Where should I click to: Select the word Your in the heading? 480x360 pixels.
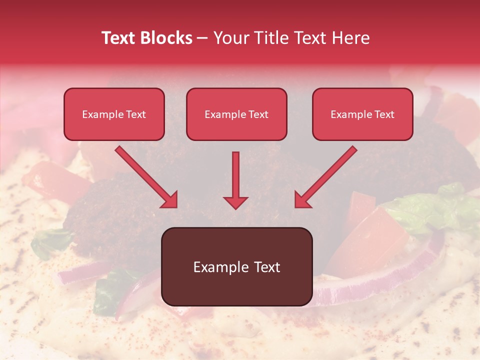tap(232, 38)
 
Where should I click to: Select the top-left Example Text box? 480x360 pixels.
tap(114, 114)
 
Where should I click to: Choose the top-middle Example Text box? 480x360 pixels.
tap(236, 114)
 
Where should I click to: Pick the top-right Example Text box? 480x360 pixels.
tap(362, 114)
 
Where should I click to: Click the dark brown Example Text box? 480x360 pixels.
tap(236, 266)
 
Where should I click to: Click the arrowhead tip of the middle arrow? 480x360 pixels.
tap(235, 207)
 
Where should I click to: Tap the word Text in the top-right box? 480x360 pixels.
tap(384, 114)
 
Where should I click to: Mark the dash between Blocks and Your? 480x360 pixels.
tap(202, 38)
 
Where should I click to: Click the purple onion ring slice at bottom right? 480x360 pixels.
tap(380, 280)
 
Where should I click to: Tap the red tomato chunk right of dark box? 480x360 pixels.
tap(372, 235)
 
